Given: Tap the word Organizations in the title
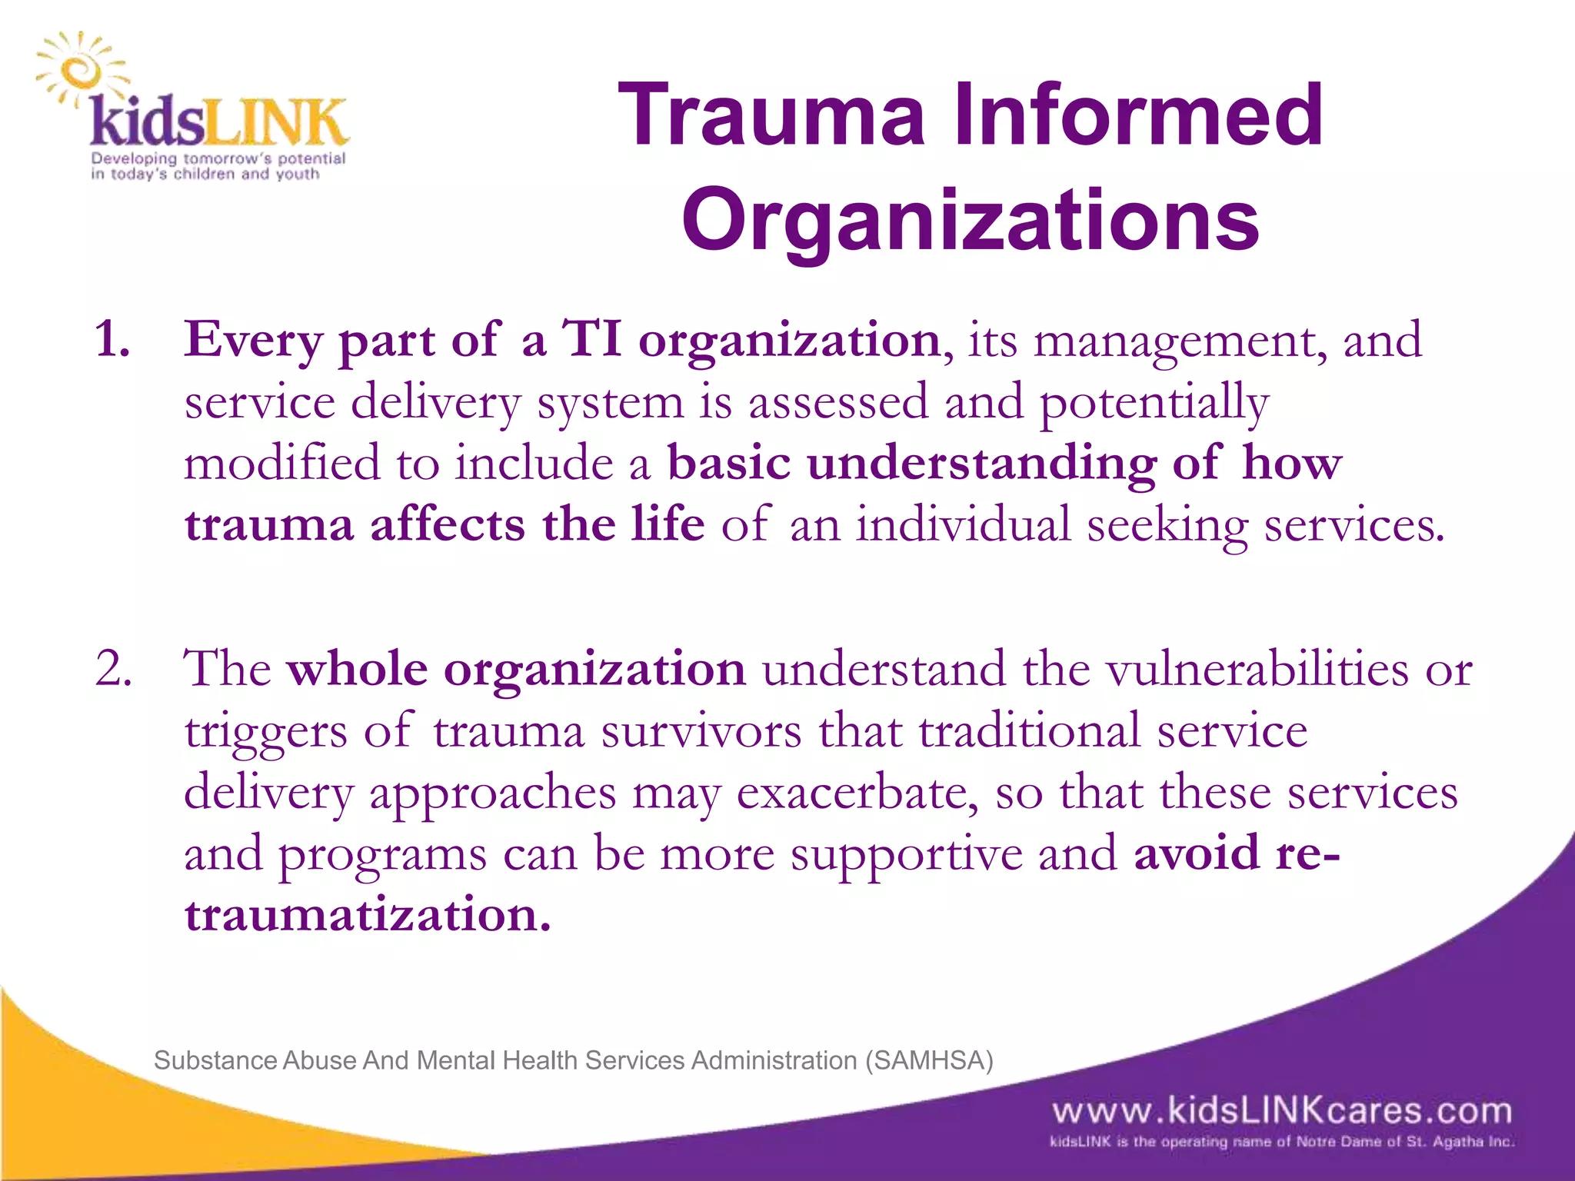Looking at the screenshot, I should pyautogui.click(x=971, y=221).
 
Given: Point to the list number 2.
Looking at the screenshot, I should pyautogui.click(x=112, y=667).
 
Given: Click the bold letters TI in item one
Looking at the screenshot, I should pyautogui.click(x=592, y=339).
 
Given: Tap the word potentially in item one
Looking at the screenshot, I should pyautogui.click(x=1154, y=404).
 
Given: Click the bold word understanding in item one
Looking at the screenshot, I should pyautogui.click(x=981, y=464).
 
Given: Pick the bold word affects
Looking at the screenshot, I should pyautogui.click(x=448, y=525).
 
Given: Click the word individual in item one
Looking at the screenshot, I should pyautogui.click(x=964, y=525).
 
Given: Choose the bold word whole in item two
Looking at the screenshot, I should pyautogui.click(x=357, y=668).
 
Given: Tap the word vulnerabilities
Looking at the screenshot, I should pyautogui.click(x=1258, y=668).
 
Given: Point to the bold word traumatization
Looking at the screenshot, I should pyautogui.click(x=368, y=915).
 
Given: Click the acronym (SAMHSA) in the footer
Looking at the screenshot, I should pyautogui.click(x=929, y=1060).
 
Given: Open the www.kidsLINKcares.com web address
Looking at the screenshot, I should pyautogui.click(x=1282, y=1111).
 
